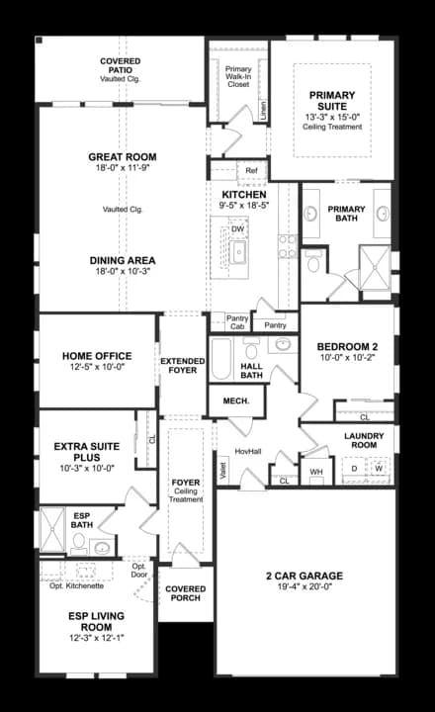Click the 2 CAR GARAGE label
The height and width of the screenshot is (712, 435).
[x=304, y=575]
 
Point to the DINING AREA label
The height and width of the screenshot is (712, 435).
[x=123, y=261]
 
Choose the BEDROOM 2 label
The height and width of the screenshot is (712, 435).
[x=346, y=346]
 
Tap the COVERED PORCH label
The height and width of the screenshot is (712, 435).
[x=185, y=593]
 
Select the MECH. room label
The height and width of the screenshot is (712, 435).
[x=235, y=400]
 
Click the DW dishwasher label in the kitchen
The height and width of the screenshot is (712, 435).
[x=238, y=228]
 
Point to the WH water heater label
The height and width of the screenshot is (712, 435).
[x=316, y=472]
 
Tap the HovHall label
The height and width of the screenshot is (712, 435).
[x=248, y=451]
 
